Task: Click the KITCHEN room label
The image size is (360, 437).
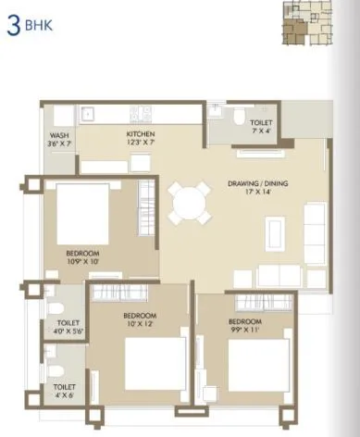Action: (142, 133)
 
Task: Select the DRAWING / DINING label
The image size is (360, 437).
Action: (258, 183)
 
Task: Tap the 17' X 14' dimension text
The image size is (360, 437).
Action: (258, 193)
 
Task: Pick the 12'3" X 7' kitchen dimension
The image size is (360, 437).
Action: (142, 143)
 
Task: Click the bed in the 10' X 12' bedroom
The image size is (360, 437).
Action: (149, 364)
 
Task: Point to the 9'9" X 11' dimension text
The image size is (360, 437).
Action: (245, 330)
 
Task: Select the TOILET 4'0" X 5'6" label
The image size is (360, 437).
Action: (68, 327)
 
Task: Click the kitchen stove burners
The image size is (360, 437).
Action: (140, 114)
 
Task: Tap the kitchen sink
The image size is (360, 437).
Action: (90, 115)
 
